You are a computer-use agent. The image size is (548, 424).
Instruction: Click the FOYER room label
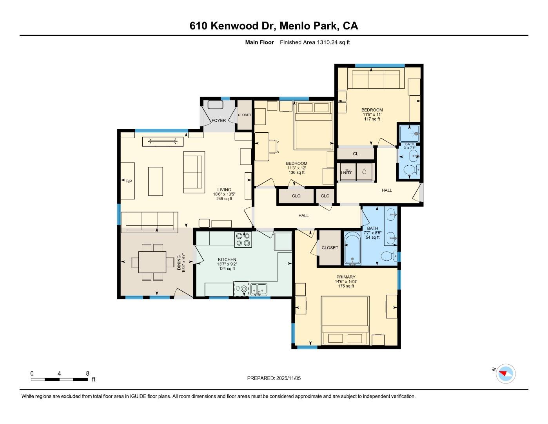click(x=219, y=121)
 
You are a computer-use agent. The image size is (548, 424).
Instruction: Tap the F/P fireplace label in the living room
click(x=129, y=181)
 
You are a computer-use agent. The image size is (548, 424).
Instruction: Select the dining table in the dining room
click(x=152, y=262)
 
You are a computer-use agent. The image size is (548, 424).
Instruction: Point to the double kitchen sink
click(x=259, y=289)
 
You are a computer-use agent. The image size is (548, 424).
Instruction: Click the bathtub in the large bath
click(x=352, y=249)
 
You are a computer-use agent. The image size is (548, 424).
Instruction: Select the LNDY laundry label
click(x=346, y=172)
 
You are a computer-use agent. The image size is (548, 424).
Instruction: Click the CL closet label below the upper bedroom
click(x=356, y=154)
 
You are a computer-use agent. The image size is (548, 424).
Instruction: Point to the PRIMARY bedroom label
click(x=346, y=277)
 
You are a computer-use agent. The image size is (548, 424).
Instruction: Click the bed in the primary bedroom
click(x=345, y=320)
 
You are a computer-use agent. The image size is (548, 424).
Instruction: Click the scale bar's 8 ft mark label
click(x=87, y=373)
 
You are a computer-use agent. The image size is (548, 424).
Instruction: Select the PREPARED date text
click(x=274, y=378)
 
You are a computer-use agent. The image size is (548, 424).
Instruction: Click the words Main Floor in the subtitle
click(x=259, y=42)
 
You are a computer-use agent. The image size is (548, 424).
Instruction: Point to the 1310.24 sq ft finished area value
click(x=333, y=42)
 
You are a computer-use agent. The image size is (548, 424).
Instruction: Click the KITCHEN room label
click(x=227, y=260)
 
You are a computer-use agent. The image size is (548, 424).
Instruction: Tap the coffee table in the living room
click(x=155, y=181)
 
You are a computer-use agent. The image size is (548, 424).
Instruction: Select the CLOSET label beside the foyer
click(x=245, y=115)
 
